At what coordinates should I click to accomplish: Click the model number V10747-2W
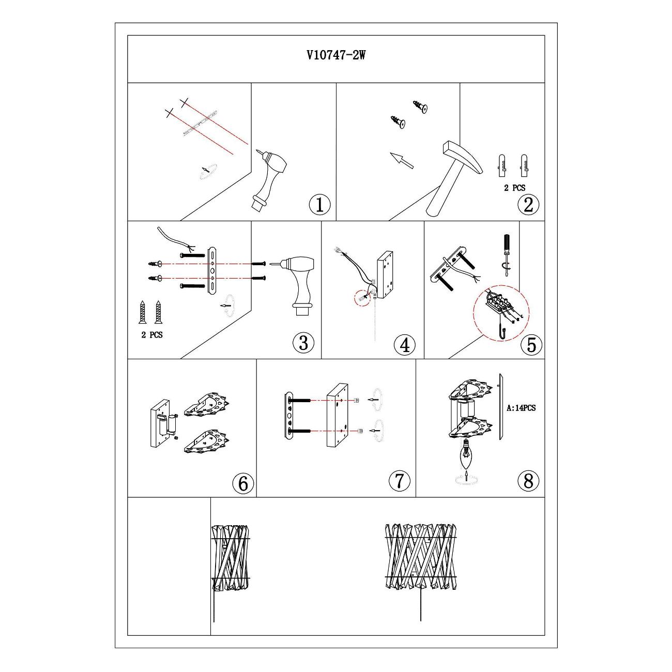pyautogui.click(x=336, y=55)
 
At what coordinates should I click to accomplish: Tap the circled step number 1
pyautogui.click(x=319, y=205)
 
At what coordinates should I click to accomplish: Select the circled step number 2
pyautogui.click(x=528, y=205)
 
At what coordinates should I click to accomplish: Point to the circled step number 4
pyautogui.click(x=405, y=345)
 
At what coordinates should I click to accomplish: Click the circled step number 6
pyautogui.click(x=243, y=483)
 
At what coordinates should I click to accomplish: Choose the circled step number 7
pyautogui.click(x=399, y=480)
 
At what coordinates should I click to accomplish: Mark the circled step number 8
pyautogui.click(x=528, y=480)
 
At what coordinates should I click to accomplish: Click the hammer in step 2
pyautogui.click(x=454, y=178)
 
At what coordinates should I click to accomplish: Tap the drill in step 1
pyautogui.click(x=271, y=180)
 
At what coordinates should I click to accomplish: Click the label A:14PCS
pyautogui.click(x=521, y=408)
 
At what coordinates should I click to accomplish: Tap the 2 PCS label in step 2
pyautogui.click(x=514, y=188)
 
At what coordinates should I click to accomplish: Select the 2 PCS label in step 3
pyautogui.click(x=151, y=335)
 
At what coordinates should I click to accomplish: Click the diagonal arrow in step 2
pyautogui.click(x=401, y=161)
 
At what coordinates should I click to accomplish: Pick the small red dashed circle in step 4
pyautogui.click(x=362, y=298)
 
